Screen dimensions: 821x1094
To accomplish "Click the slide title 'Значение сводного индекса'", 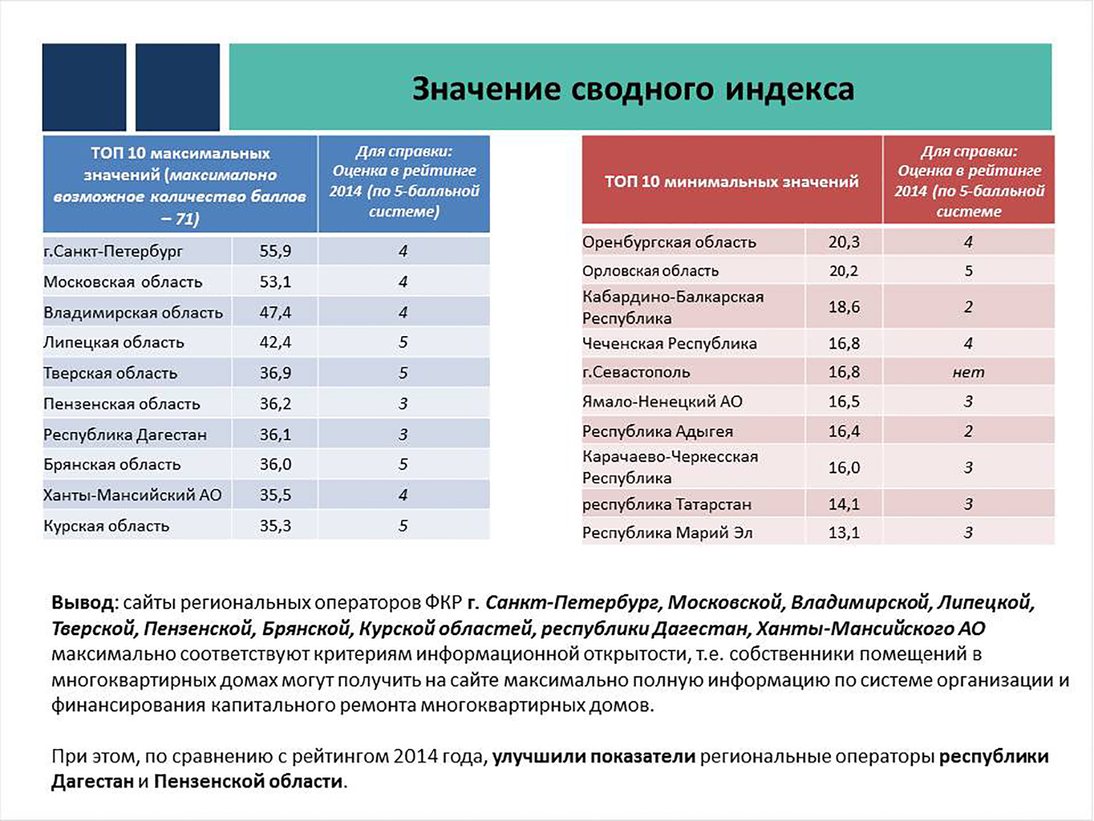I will point(633,89).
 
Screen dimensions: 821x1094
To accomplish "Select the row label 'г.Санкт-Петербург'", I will point(113,251).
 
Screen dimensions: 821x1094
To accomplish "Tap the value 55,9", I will point(275,251).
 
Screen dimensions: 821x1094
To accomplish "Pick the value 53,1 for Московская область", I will point(275,282).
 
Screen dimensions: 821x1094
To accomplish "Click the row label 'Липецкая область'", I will point(113,342).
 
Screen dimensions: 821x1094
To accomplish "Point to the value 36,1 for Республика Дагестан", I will point(275,435).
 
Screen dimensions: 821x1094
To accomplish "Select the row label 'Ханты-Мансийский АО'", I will point(132,495).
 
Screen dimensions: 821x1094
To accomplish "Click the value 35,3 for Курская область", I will point(275,526).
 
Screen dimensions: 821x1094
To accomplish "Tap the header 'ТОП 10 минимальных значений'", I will point(732,181).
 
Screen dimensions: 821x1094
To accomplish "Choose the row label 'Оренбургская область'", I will point(669,242).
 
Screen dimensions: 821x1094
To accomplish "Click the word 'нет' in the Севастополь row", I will point(968,372).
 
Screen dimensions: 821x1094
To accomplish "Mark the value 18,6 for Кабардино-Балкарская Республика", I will point(843,307).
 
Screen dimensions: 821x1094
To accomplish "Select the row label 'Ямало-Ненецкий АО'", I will point(662,402).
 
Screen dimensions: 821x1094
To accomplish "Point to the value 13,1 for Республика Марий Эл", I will point(843,532).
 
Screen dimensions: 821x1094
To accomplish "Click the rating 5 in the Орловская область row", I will point(968,271).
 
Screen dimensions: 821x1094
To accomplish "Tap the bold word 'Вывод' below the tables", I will point(83,603).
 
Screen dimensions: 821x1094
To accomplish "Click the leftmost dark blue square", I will point(84,87).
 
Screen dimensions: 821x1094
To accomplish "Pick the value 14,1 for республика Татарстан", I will point(843,504).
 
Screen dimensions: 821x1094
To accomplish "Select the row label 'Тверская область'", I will point(110,373).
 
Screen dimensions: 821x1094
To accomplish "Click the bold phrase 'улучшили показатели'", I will point(593,757).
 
